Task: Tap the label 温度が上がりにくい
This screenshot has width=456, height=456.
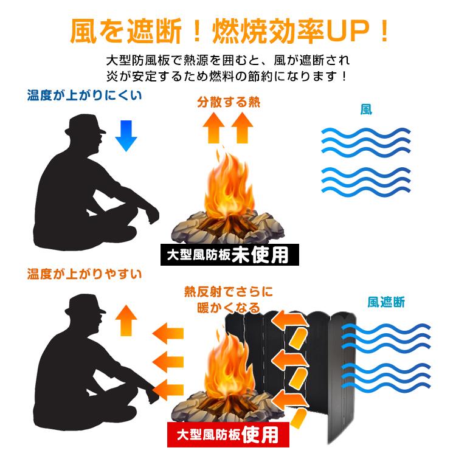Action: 85,95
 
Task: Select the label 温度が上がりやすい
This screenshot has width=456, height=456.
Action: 85,274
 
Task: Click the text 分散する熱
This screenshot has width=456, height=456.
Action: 228,102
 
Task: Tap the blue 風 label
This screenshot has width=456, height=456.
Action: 366,109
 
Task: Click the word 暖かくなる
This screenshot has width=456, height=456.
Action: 229,308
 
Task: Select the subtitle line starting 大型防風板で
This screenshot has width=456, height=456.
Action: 228,61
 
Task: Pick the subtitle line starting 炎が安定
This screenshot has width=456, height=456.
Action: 228,77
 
